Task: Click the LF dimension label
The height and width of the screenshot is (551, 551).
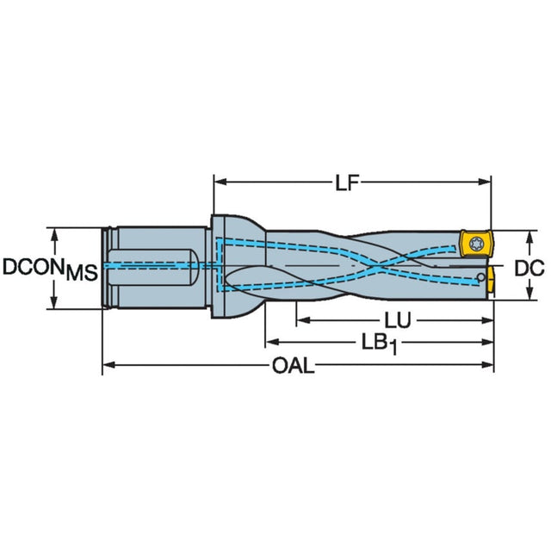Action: tap(347, 183)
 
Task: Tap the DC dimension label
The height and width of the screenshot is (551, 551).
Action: tap(529, 268)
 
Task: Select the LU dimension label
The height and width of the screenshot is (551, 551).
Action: tap(398, 320)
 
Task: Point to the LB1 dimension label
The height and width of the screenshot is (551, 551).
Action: tap(380, 344)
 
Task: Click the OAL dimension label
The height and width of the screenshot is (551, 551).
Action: tap(293, 366)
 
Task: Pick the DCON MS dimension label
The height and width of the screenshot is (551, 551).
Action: tap(50, 269)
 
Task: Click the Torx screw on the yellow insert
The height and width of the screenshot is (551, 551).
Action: tap(477, 243)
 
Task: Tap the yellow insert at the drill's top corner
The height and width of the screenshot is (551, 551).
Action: tap(476, 243)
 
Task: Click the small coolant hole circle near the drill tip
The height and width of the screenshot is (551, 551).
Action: tap(481, 277)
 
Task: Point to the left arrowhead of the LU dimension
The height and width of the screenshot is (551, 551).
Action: tap(303, 320)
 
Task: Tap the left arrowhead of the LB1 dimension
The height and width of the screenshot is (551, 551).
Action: tap(272, 342)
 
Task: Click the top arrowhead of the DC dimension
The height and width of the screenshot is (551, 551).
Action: tap(530, 238)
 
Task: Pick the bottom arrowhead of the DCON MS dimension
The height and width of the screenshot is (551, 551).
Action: tap(53, 302)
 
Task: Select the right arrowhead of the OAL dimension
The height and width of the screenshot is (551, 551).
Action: tap(487, 365)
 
